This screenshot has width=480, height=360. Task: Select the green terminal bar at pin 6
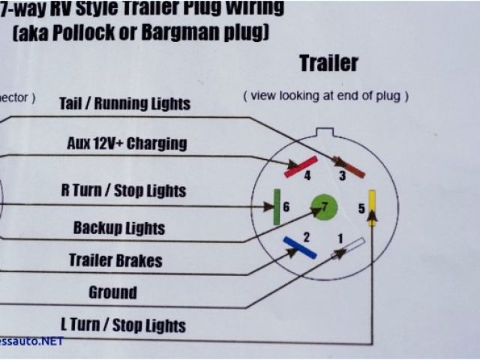[x=276, y=207]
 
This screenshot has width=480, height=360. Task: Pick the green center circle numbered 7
[x=325, y=206]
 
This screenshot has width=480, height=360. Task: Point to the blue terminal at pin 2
[x=299, y=247]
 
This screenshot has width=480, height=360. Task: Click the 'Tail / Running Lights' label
[x=124, y=103]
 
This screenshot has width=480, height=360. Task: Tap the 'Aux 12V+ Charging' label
[x=127, y=143]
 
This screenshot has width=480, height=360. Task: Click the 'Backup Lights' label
[x=118, y=227]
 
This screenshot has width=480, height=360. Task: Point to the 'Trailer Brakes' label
[x=115, y=260]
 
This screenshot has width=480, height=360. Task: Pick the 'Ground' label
[x=112, y=292]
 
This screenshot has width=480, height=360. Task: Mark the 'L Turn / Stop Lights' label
[x=123, y=325]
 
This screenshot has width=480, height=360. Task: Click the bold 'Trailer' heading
[x=328, y=64]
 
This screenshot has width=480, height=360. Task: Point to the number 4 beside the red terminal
[x=307, y=175]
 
